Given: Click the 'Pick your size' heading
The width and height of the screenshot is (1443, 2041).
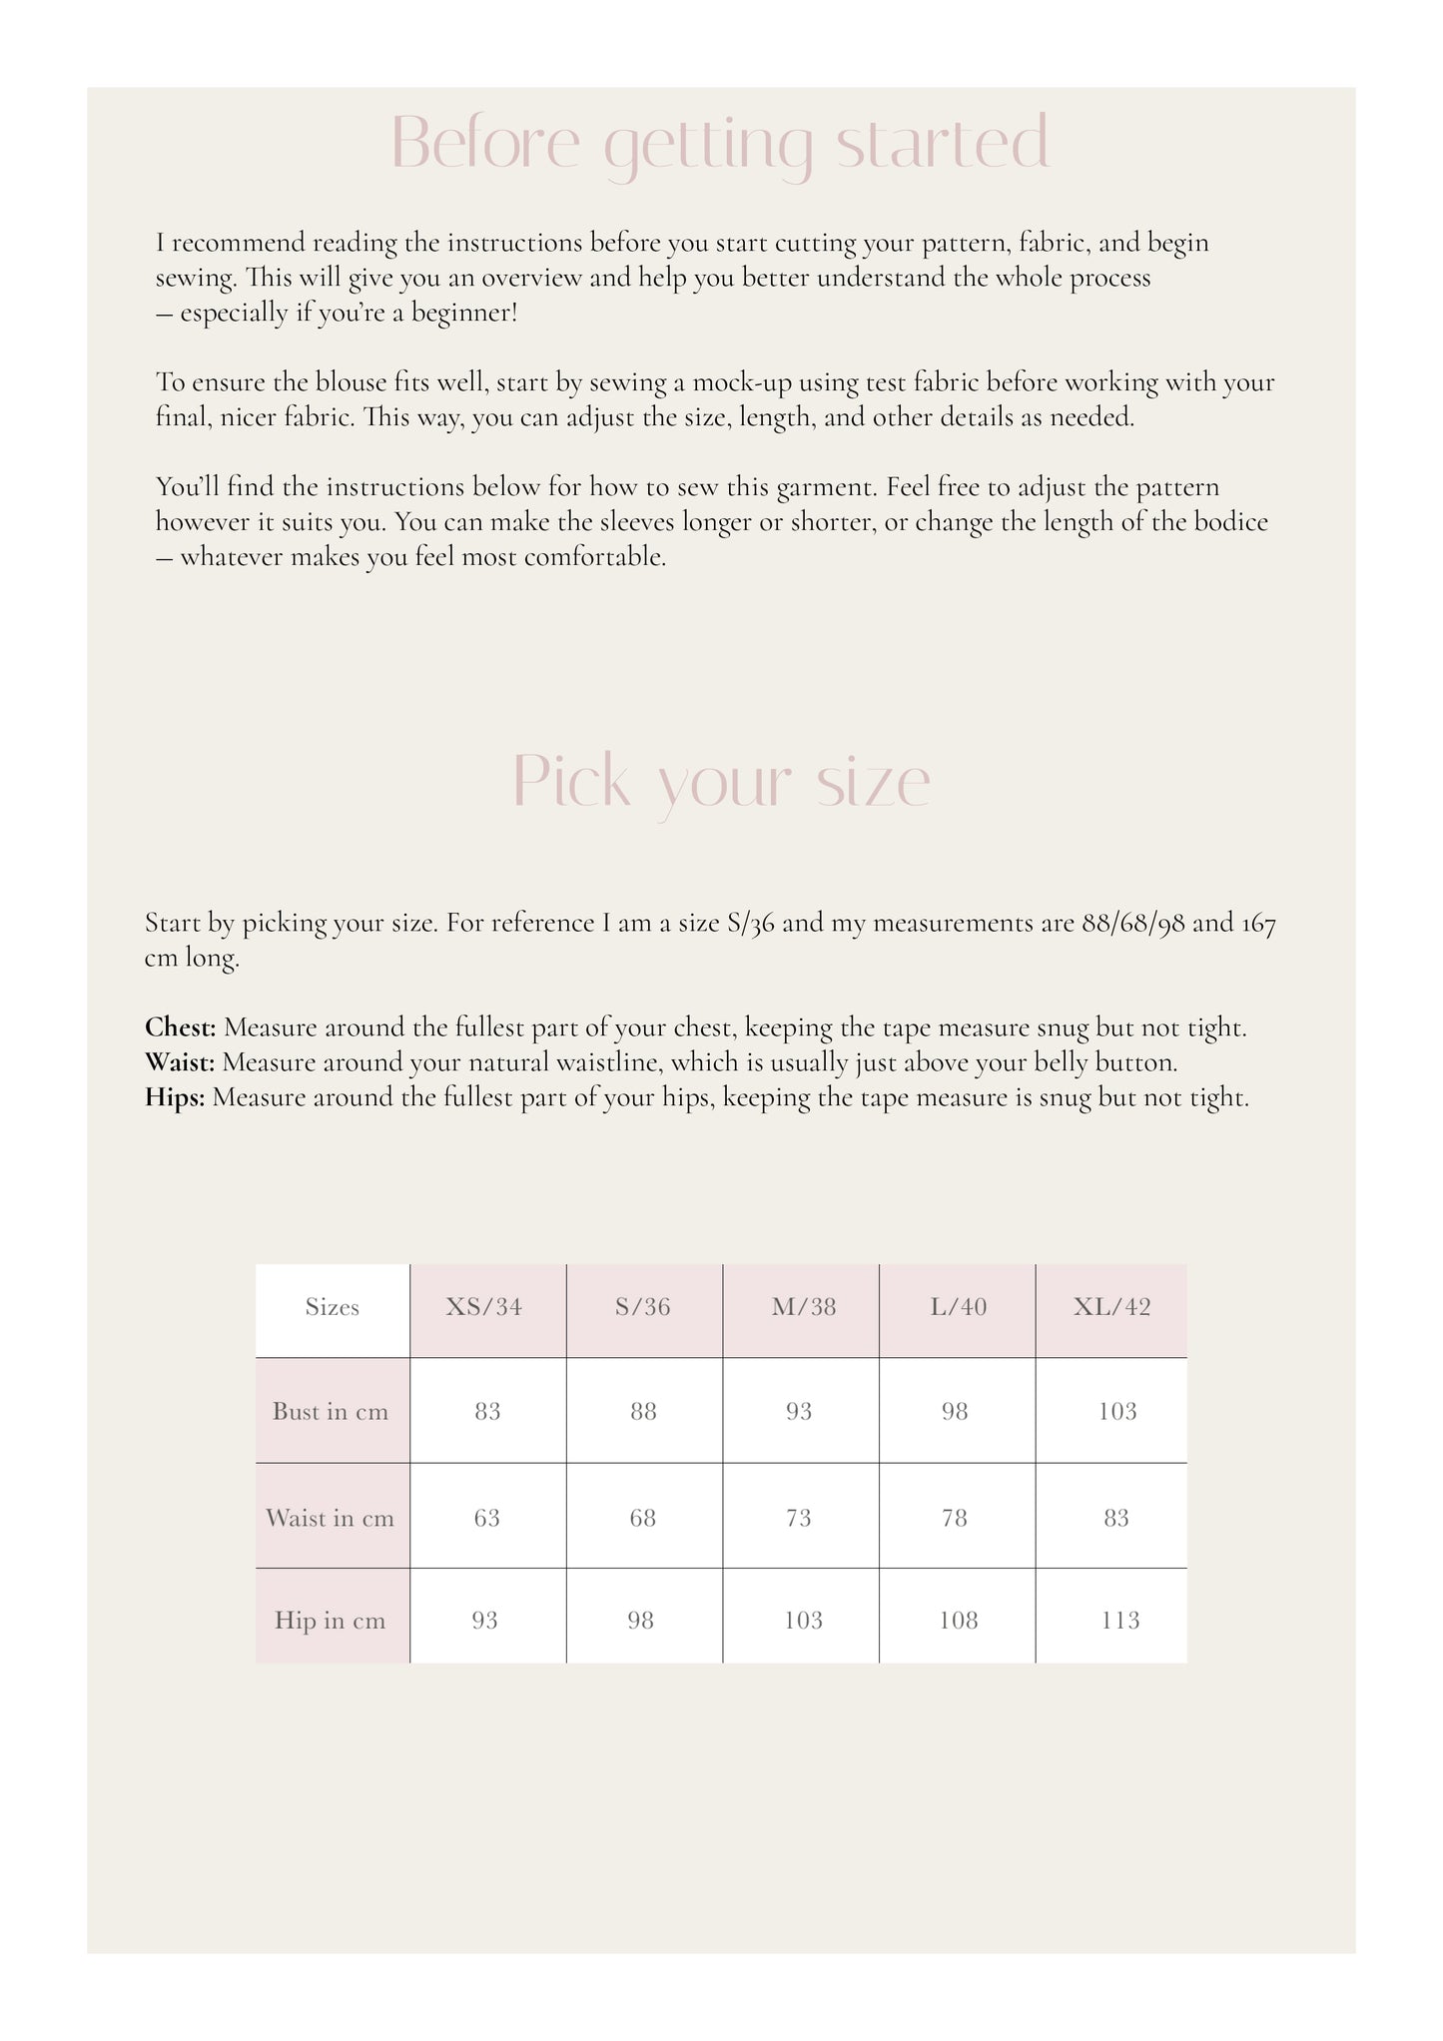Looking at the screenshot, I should coord(721,782).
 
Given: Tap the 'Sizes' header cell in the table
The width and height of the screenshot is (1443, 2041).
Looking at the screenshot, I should coord(332,1307).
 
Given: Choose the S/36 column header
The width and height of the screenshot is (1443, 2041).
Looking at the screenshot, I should coord(643,1307).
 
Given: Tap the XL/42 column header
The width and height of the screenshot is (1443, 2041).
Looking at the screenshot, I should coord(1111,1307).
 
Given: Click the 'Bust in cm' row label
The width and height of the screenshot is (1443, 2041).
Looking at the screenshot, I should coord(331,1411).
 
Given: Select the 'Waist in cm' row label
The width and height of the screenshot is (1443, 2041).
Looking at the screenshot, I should coord(330,1518).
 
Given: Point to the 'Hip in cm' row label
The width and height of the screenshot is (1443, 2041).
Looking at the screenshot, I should coord(330,1620).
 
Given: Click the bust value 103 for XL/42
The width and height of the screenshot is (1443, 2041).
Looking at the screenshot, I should coord(1116,1411).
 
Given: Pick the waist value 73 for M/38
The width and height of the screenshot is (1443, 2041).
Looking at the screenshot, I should coord(799,1518).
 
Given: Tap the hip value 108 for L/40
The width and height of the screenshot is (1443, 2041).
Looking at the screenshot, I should coord(959,1620).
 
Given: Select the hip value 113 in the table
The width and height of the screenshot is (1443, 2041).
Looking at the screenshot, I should coord(1119,1620).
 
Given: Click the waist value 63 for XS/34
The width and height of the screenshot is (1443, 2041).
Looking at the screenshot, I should coord(487,1518).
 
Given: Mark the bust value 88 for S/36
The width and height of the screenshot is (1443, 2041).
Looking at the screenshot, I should coord(643,1411).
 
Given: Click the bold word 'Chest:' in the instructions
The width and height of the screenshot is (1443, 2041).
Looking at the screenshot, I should coord(181,1027).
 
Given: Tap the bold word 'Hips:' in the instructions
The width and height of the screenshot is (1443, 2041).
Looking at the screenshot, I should coord(175,1097).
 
